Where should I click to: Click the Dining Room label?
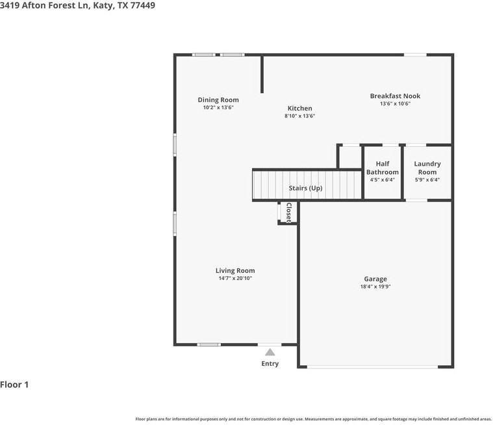point(218,100)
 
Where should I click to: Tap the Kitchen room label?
point(299,109)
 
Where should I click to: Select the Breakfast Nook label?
point(395,96)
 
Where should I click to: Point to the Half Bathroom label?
point(382,168)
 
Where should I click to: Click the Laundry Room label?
point(427,168)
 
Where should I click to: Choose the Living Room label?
point(235,270)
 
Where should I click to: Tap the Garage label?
point(375,279)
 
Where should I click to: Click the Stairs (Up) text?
point(305,188)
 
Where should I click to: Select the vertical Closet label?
point(289,212)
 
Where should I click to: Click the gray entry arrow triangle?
point(270,352)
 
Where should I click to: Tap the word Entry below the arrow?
point(270,363)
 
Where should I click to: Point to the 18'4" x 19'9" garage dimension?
point(375,287)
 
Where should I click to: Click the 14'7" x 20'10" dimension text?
point(235,278)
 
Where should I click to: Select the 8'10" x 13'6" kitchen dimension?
point(299,116)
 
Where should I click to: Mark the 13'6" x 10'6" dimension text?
point(395,103)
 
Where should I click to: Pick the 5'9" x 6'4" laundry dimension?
point(427,180)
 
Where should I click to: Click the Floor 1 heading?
point(14,385)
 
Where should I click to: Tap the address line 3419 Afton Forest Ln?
point(77,5)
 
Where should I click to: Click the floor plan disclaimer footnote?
point(313,419)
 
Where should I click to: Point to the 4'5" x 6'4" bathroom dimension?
point(382,180)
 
